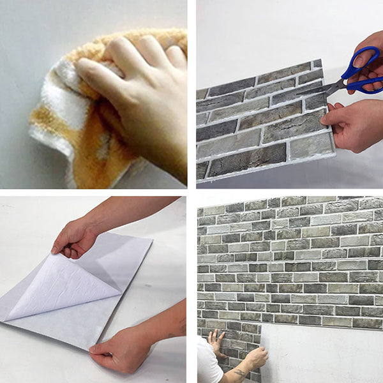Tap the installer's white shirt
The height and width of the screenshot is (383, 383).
click(207, 364)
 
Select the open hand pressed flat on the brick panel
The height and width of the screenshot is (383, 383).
click(216, 342)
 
